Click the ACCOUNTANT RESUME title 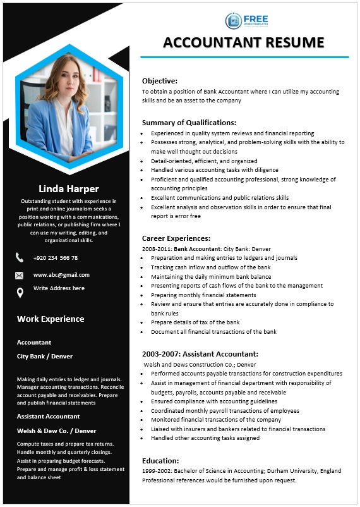243,42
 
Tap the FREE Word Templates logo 247,20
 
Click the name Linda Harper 69,188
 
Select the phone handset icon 20,257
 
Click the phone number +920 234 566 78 56,258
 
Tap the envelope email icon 20,276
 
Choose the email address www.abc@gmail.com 61,275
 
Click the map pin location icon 20,292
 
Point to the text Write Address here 59,288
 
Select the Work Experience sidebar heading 51,319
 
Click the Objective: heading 160,81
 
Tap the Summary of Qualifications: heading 189,123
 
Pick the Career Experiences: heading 176,238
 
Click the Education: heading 160,461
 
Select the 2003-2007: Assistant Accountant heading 200,354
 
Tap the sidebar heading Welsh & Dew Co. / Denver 57,431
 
